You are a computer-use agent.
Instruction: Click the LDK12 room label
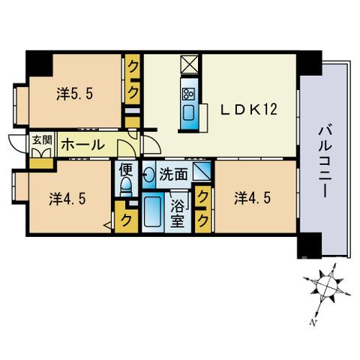(249, 109)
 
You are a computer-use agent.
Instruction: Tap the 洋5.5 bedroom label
(75, 94)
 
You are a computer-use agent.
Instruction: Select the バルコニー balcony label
(324, 162)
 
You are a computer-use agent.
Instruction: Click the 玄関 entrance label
(42, 141)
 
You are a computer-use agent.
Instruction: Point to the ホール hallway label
(82, 145)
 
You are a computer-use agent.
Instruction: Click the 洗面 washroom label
(173, 174)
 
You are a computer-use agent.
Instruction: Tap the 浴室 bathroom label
(178, 214)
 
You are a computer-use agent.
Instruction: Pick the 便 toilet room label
(125, 170)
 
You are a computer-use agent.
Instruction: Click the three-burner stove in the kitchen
(188, 94)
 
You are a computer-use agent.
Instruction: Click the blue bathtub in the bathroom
(152, 211)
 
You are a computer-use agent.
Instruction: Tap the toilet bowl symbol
(126, 186)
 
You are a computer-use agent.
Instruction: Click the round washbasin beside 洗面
(149, 174)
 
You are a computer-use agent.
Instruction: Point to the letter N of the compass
(313, 322)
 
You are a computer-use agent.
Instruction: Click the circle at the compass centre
(327, 286)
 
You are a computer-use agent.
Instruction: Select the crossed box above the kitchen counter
(189, 64)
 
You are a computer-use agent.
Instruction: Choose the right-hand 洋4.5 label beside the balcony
(253, 199)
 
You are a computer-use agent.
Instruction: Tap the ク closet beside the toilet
(126, 217)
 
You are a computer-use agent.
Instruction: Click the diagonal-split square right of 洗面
(202, 171)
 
